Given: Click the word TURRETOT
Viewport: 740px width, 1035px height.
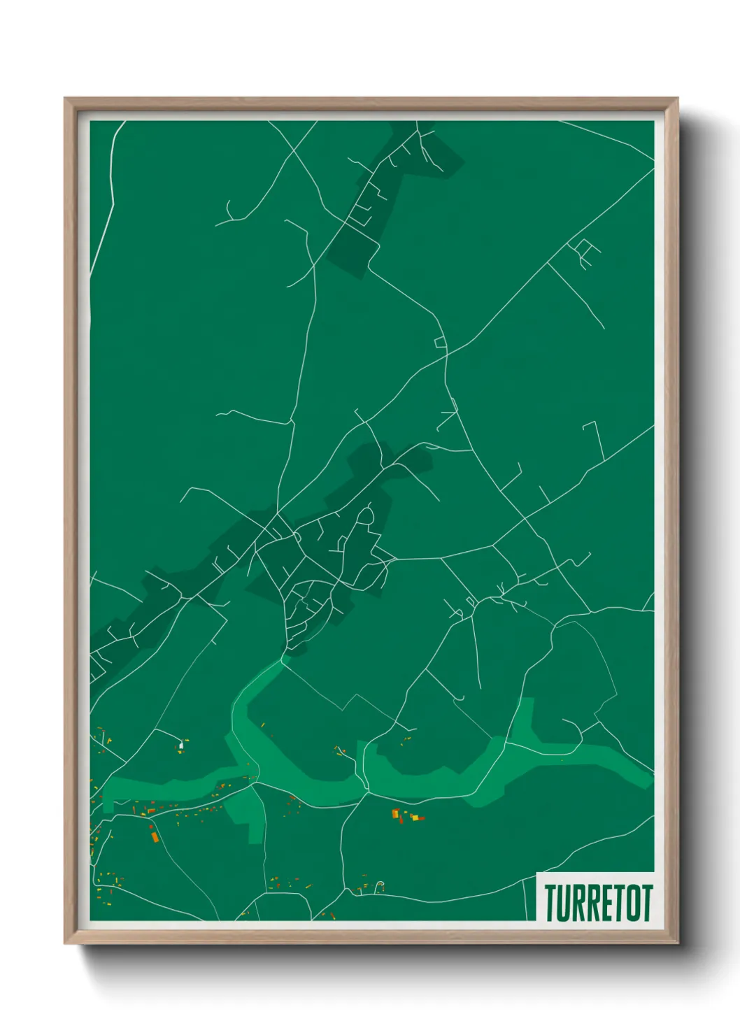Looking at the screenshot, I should (x=598, y=902).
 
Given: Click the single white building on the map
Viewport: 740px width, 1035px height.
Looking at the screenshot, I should (x=181, y=745).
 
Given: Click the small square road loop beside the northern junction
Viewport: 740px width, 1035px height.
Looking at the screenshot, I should (x=440, y=342).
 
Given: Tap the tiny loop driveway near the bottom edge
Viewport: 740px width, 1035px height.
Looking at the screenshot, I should (x=380, y=886).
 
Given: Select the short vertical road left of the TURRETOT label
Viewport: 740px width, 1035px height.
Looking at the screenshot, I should (x=525, y=899).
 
